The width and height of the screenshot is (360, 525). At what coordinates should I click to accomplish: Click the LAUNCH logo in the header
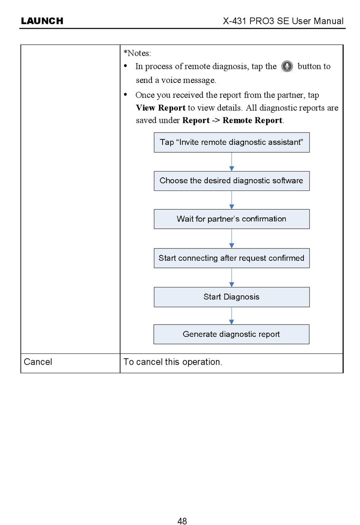click(x=42, y=21)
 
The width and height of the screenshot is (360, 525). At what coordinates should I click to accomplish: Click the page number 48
click(x=182, y=521)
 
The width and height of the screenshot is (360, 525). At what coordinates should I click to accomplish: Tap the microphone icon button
click(x=287, y=66)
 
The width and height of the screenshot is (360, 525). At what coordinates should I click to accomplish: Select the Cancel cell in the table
click(x=70, y=363)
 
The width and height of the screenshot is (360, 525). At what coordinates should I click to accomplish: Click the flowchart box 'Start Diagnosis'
click(x=232, y=297)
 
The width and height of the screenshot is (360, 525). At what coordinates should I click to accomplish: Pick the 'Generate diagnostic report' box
click(x=231, y=334)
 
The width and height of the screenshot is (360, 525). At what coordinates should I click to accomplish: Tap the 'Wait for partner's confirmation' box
click(x=232, y=219)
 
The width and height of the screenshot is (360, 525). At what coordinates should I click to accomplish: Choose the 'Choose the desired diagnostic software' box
click(x=232, y=181)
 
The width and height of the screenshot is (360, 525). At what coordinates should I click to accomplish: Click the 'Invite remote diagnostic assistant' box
click(x=232, y=142)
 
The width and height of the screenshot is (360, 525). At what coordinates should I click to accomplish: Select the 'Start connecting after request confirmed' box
click(x=232, y=258)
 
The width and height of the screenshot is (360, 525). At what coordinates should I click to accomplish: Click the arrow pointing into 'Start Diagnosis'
click(x=232, y=278)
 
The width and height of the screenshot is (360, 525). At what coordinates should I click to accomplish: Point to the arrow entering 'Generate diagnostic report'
click(x=232, y=316)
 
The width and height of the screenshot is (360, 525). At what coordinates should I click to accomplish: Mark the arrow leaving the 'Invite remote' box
click(x=232, y=162)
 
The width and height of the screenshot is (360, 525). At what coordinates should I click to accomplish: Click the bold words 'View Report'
click(x=161, y=108)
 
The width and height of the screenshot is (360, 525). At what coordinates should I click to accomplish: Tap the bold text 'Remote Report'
click(x=252, y=120)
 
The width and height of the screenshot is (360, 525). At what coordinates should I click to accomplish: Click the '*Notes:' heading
click(x=137, y=53)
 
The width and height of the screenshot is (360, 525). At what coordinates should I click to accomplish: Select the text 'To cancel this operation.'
click(x=173, y=362)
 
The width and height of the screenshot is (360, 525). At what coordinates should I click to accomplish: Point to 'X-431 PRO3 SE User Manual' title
click(x=283, y=21)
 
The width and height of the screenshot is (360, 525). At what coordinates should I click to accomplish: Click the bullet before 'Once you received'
click(x=125, y=94)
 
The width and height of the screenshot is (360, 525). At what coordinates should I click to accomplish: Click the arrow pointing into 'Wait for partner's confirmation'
click(x=232, y=200)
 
